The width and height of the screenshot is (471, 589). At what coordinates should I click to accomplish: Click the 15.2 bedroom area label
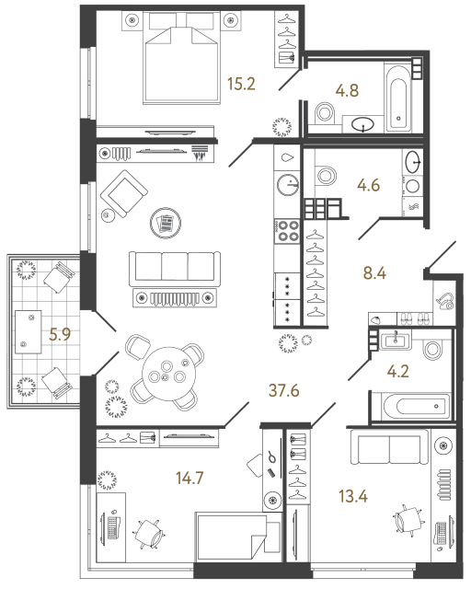(x=240, y=86)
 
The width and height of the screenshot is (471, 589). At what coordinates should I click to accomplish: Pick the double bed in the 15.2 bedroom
(x=177, y=67)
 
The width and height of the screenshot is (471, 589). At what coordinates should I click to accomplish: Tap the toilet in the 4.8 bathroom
(x=325, y=113)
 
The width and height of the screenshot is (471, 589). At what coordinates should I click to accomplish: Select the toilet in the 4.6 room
(x=325, y=175)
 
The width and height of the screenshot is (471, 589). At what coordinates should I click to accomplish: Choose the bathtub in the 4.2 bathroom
(x=409, y=405)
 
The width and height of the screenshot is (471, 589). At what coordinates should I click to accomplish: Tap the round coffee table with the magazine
(x=167, y=222)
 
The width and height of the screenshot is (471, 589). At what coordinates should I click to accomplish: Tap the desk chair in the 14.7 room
(x=149, y=533)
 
